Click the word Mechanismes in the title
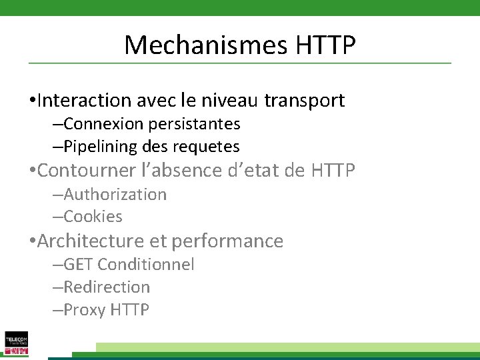click(x=203, y=45)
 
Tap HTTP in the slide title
click(x=323, y=45)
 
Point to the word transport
click(x=305, y=101)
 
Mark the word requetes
click(x=211, y=146)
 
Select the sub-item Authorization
click(x=115, y=195)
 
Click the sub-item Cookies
click(x=93, y=217)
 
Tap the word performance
click(x=227, y=241)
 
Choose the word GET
click(x=77, y=265)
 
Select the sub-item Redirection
click(x=107, y=287)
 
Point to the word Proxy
click(x=85, y=310)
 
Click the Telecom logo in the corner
click(x=16, y=343)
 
